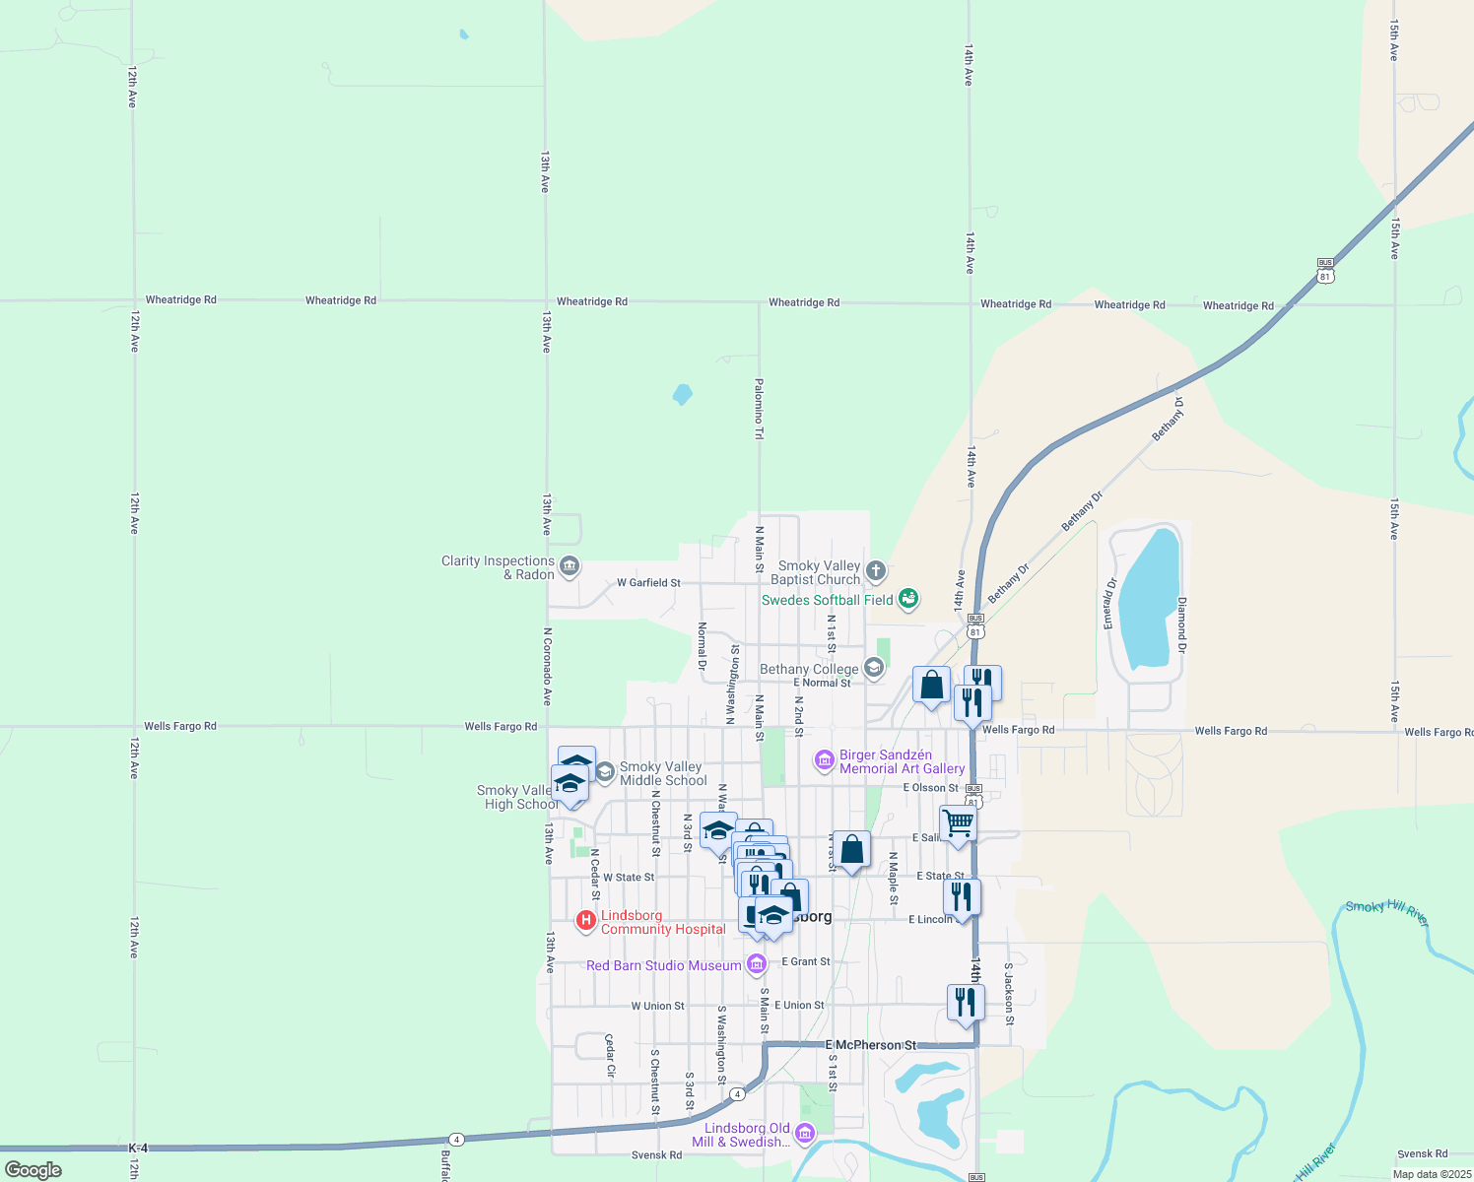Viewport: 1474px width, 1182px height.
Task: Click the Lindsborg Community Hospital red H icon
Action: (x=586, y=921)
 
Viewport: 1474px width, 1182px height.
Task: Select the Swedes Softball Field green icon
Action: (x=908, y=599)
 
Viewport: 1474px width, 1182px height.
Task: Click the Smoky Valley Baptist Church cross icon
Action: (x=875, y=571)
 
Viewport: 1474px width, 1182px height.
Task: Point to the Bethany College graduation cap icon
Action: (x=873, y=669)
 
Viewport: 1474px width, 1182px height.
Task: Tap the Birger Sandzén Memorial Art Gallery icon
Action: (x=824, y=760)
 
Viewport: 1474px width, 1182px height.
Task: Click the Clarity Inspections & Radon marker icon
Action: (x=569, y=566)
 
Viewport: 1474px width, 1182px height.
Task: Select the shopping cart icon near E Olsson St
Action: (x=958, y=823)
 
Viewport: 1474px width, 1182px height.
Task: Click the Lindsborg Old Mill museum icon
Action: (x=804, y=1134)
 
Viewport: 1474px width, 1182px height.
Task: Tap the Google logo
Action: (x=33, y=1169)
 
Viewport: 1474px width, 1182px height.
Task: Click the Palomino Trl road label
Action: (x=759, y=409)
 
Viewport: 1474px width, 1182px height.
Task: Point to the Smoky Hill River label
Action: (x=1386, y=912)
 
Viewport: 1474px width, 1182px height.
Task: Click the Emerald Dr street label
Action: (x=1109, y=604)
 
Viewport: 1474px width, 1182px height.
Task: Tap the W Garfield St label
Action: (x=648, y=583)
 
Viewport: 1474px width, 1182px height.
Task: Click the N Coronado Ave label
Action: (x=548, y=667)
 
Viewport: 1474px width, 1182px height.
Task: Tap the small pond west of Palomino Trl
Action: (x=682, y=395)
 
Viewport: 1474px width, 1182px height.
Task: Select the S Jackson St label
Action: (x=1009, y=994)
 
